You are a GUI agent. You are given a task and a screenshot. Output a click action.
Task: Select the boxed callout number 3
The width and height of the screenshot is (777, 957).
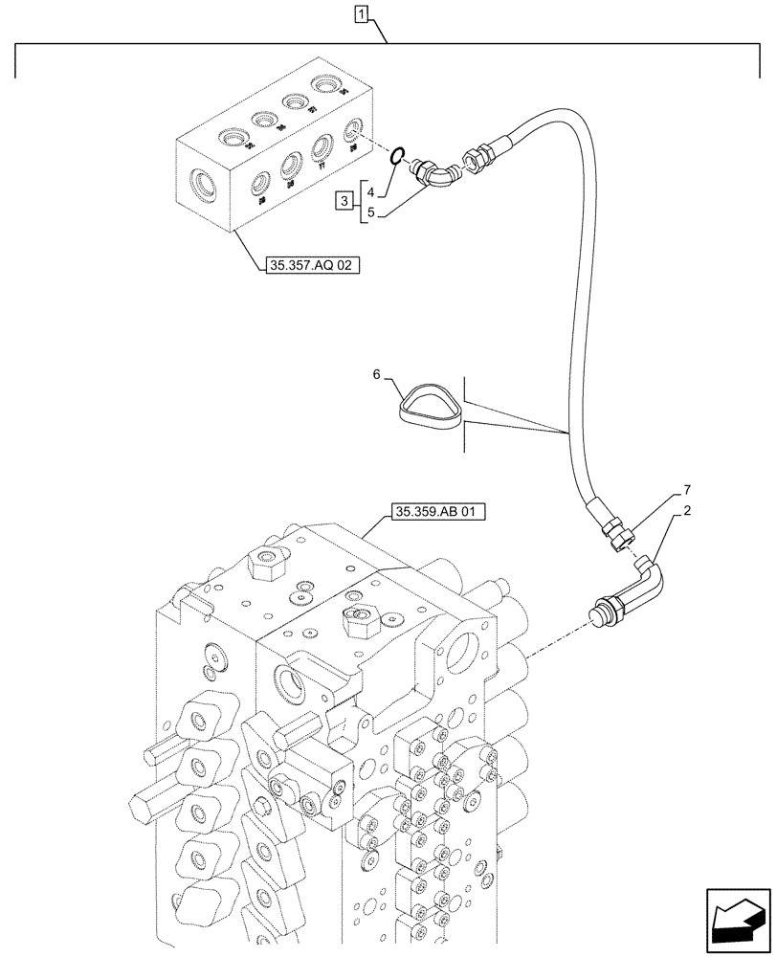344,200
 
